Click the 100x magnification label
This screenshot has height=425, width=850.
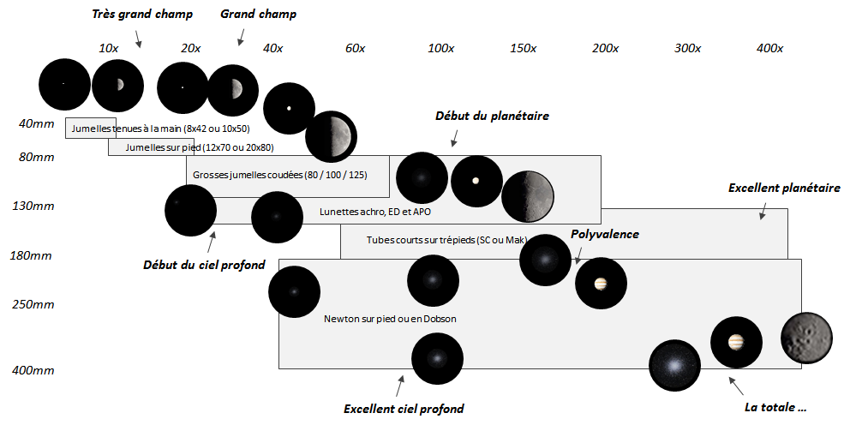440,49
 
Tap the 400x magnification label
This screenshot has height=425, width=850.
769,49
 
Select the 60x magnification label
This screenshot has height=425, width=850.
355,49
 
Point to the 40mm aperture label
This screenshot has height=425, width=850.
36,124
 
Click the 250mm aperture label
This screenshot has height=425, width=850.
33,304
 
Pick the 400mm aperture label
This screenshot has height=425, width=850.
33,370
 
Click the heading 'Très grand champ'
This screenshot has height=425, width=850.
142,15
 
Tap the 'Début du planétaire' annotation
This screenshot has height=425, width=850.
492,116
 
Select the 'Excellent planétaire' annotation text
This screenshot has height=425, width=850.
784,188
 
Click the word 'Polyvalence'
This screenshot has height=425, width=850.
605,234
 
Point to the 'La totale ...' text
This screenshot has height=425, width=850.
775,407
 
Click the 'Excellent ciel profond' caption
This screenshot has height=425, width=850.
404,409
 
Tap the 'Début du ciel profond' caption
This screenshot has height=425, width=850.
204,264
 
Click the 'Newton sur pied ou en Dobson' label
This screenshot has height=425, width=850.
390,319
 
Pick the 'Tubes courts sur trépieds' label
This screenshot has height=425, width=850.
446,240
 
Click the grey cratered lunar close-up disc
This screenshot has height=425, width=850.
806,338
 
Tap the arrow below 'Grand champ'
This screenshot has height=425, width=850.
242,35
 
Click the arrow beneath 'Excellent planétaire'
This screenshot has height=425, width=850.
761,213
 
